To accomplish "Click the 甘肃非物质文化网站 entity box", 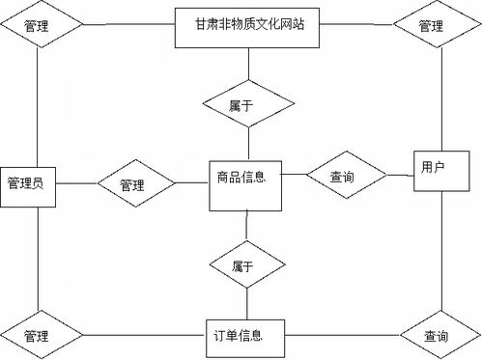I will click(249, 26).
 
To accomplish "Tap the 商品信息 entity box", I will click(246, 179).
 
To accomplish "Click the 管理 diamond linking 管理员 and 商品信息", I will click(133, 182).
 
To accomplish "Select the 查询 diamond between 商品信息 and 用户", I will click(343, 177).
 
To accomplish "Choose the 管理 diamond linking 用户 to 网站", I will click(431, 27).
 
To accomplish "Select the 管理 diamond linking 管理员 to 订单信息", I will click(38, 336).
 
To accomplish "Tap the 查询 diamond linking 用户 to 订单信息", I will click(436, 336).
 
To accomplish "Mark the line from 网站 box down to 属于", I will click(249, 63).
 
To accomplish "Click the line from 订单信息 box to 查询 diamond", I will click(343, 336).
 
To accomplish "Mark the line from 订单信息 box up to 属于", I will click(246, 302).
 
